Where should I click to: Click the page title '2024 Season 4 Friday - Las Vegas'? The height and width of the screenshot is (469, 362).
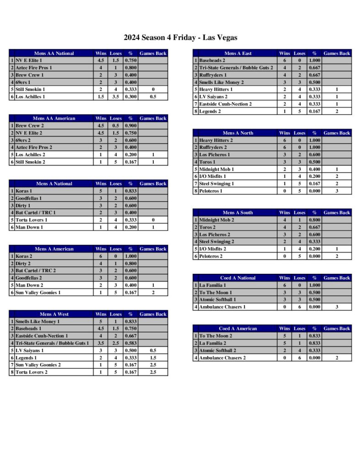[x=180, y=38]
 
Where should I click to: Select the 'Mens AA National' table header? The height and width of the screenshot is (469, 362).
[x=54, y=53]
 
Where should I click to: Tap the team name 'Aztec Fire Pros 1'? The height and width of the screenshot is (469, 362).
[x=34, y=68]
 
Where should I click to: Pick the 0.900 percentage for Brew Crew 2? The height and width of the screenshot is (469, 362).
[x=130, y=125]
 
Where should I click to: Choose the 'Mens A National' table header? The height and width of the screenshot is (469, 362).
[x=54, y=184]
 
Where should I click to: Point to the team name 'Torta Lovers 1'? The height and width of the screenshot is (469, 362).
[x=32, y=220]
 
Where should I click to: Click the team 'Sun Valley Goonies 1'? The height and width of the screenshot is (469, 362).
[x=38, y=292]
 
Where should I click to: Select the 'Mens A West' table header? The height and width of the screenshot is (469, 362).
[x=54, y=314]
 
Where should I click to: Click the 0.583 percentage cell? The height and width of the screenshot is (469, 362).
[x=130, y=343]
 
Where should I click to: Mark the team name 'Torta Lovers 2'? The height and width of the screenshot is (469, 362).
[x=32, y=372]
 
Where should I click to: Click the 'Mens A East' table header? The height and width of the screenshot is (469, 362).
[x=238, y=53]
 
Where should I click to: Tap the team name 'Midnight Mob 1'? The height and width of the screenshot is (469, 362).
[x=216, y=169]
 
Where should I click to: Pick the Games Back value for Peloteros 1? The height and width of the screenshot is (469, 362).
[x=337, y=191]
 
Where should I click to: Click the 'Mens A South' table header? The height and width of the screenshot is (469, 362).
[x=238, y=213]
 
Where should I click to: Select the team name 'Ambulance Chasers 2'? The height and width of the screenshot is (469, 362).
[x=222, y=358]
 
